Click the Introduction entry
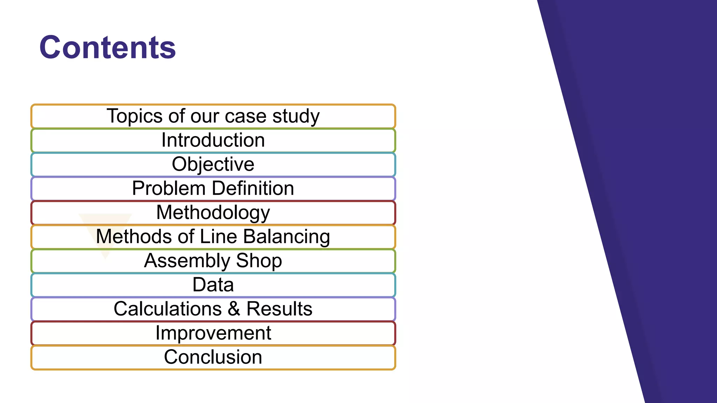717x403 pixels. tap(213, 140)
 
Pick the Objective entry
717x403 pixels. tap(213, 164)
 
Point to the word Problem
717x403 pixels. tap(168, 188)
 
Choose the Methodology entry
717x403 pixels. tap(213, 212)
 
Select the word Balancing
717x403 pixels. tap(286, 236)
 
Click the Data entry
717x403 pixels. tap(213, 284)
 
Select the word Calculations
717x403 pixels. tap(168, 309)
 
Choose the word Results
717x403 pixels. tap(279, 309)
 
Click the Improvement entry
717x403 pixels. tap(213, 333)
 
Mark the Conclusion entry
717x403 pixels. tap(213, 357)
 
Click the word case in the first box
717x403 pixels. tap(245, 116)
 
